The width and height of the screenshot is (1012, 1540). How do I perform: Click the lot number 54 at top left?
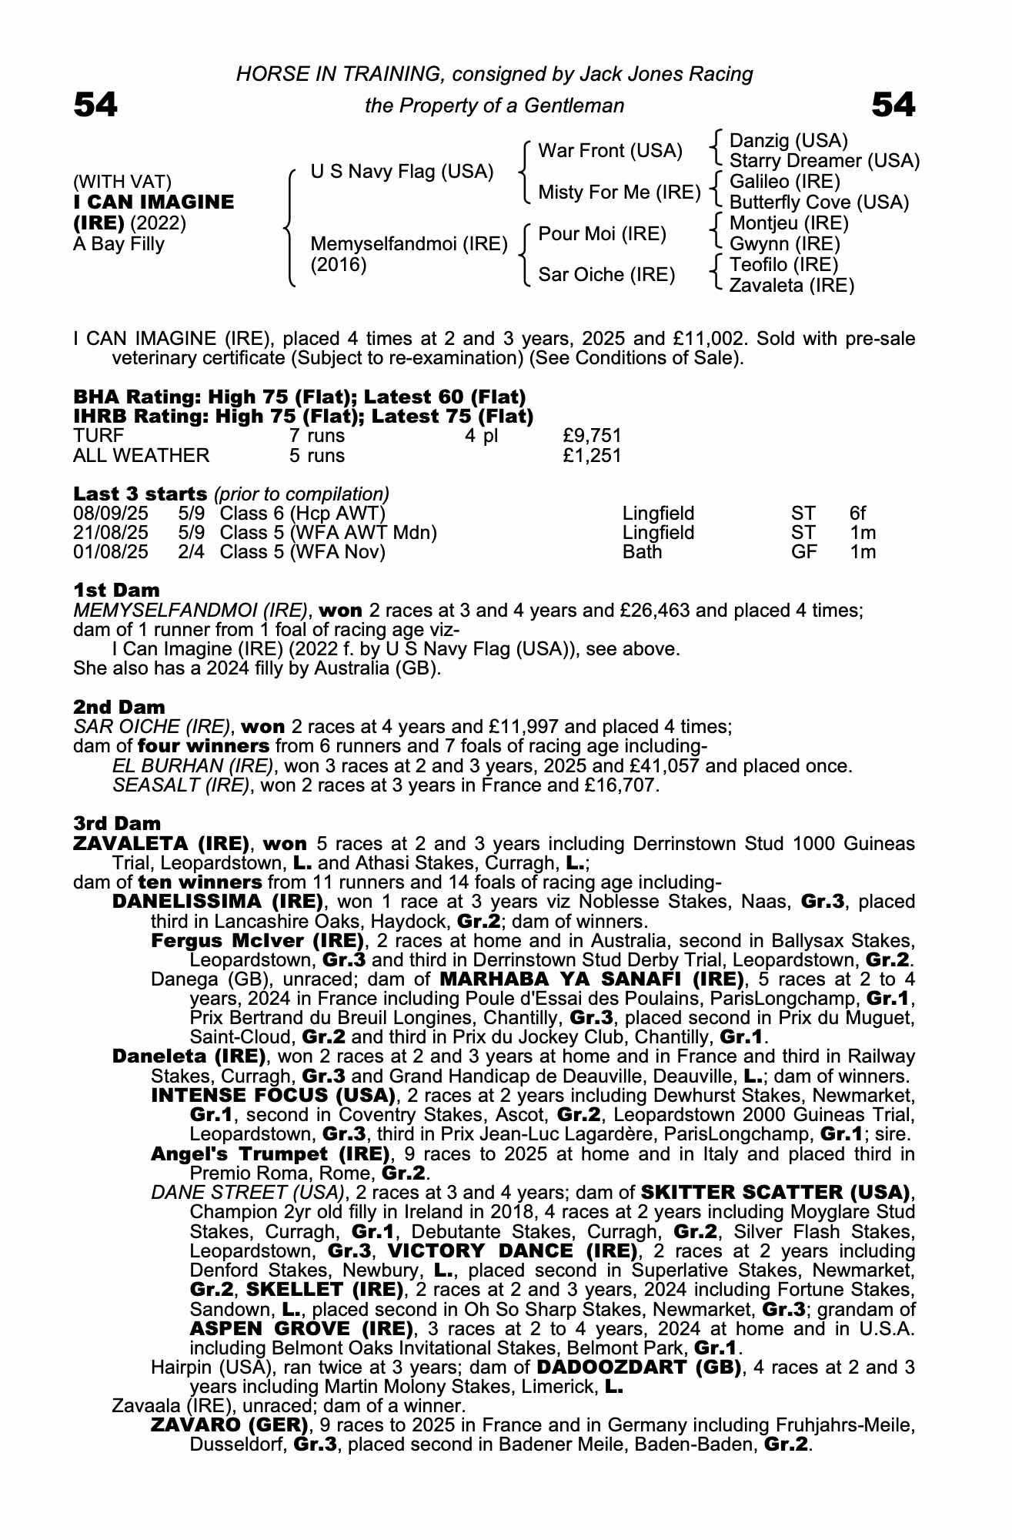point(95,105)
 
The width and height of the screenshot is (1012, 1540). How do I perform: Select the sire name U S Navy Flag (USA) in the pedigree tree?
point(402,172)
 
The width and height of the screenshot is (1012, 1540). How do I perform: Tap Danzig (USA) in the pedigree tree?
point(788,141)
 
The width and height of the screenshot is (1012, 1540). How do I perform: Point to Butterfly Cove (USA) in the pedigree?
point(819,203)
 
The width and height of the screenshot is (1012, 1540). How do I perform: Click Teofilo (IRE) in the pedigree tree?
point(783,265)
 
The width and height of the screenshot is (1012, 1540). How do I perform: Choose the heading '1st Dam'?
point(116,591)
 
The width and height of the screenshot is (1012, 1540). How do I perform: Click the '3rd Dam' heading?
point(117,824)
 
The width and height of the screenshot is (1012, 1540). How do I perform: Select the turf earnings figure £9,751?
point(592,436)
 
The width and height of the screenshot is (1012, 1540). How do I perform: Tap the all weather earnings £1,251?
point(592,456)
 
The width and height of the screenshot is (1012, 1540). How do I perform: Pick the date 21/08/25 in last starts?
point(111,533)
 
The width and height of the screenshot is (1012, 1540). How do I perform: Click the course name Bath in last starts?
point(642,552)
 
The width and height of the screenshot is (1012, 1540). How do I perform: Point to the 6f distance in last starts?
point(857,514)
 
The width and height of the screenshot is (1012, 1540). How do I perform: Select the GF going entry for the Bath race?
point(803,552)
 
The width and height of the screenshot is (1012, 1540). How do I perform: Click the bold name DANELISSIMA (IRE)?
point(218,902)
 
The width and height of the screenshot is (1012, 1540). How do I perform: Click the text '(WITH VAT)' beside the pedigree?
point(122,182)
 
